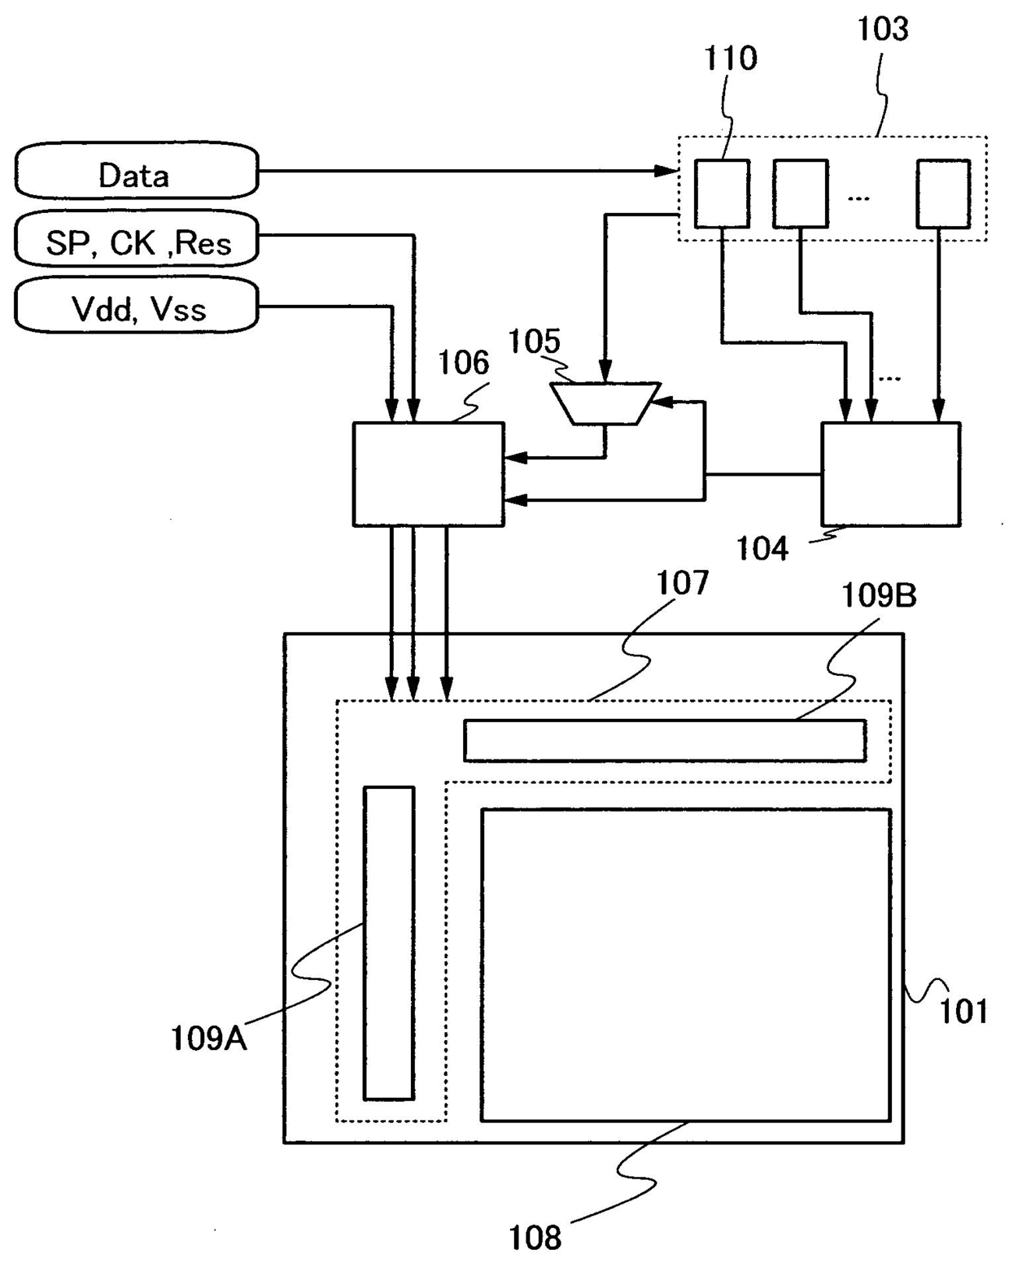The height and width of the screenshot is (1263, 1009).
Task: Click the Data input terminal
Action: click(136, 172)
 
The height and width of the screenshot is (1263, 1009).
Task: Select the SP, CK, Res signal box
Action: click(136, 240)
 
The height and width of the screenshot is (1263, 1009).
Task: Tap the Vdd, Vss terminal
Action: click(136, 307)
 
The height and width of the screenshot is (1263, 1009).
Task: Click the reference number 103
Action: click(882, 29)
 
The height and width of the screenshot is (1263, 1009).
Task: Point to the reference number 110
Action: click(730, 59)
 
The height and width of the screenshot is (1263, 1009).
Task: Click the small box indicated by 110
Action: click(722, 194)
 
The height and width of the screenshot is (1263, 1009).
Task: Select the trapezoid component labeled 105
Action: click(605, 403)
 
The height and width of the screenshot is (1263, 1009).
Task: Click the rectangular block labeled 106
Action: click(428, 473)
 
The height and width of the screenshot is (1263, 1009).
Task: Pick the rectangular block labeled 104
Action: click(890, 473)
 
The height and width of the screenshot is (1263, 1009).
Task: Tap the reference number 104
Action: click(762, 550)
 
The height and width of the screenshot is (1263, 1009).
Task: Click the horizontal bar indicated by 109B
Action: click(664, 740)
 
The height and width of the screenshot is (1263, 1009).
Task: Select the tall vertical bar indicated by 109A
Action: click(389, 943)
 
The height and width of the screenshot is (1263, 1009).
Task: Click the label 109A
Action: click(208, 1039)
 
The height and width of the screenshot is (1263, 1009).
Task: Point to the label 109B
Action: click(878, 597)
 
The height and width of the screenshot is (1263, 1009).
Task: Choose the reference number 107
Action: click(683, 583)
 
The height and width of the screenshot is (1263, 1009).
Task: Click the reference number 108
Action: click(535, 1238)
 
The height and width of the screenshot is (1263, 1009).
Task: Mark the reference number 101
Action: click(963, 1012)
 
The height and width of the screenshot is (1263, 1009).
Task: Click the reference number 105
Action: click(534, 342)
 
